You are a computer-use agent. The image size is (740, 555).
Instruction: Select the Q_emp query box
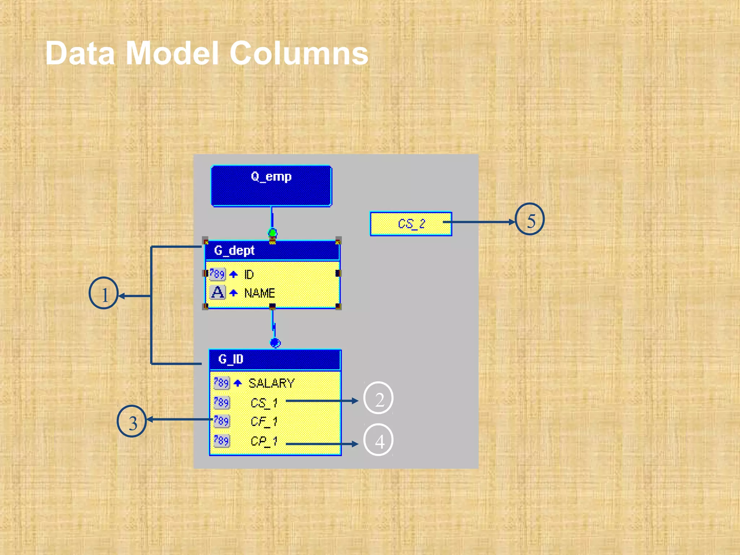[x=271, y=186]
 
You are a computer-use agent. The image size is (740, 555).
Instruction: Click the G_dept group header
[x=272, y=250]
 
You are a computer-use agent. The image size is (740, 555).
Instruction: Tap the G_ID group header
[x=275, y=360]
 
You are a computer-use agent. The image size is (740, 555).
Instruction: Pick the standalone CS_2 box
[x=411, y=224]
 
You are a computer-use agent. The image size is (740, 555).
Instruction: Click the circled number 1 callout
[x=104, y=293]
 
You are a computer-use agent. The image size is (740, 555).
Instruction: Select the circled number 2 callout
[x=378, y=398]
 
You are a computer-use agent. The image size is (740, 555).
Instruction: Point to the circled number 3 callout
[x=132, y=421]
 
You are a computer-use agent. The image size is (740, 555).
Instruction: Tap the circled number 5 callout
[x=530, y=219]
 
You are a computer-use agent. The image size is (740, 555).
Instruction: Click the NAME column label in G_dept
[x=259, y=293]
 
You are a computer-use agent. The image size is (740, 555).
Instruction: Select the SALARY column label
[x=271, y=383]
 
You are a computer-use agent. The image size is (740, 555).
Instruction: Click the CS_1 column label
[x=264, y=403]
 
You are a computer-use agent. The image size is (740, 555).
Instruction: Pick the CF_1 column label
[x=264, y=421]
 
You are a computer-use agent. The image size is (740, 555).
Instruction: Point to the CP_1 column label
[x=264, y=441]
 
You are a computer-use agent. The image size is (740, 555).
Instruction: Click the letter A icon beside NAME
[x=218, y=292]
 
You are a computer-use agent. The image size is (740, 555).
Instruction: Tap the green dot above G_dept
[x=273, y=232]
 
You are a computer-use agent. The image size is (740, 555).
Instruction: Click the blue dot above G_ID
[x=275, y=342]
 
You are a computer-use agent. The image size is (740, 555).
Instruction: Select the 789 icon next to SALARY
[x=221, y=383]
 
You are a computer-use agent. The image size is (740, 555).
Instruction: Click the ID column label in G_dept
[x=249, y=275]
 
